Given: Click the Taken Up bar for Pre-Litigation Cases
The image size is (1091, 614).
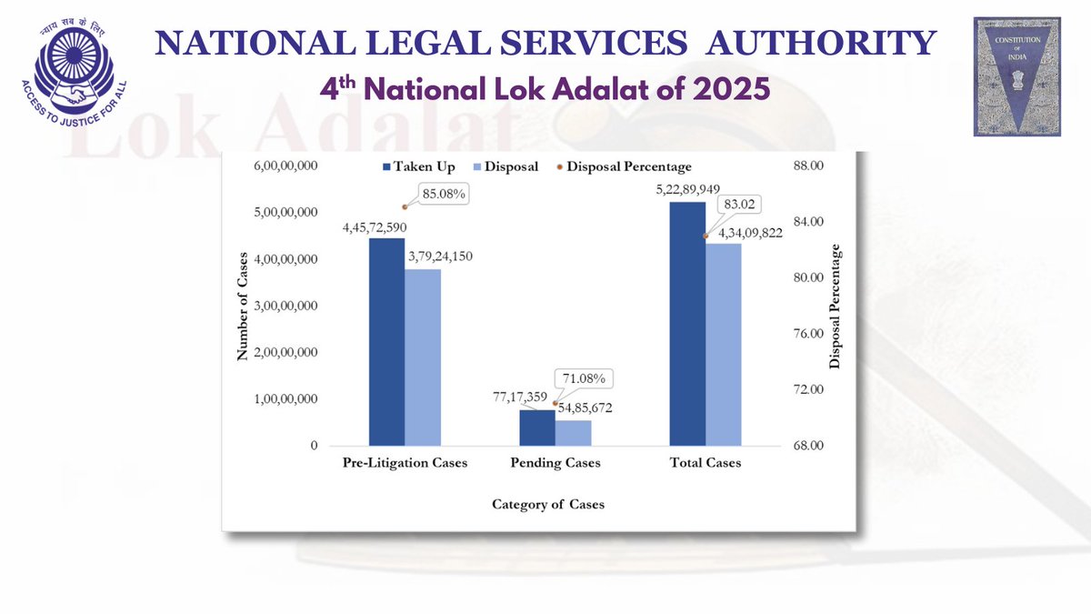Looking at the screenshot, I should [x=386, y=342].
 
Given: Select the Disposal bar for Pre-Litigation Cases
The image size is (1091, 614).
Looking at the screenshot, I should [x=423, y=357].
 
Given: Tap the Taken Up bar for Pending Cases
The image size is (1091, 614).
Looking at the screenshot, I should [x=536, y=428].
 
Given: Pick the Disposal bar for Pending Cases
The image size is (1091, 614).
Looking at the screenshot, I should [x=573, y=433].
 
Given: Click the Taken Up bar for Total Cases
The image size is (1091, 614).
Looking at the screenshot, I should [x=687, y=324].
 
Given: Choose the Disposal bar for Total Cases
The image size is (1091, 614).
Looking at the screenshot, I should [x=724, y=345].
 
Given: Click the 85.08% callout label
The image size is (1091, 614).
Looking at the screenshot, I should [x=443, y=193].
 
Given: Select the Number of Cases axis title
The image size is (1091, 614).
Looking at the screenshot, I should [x=243, y=307].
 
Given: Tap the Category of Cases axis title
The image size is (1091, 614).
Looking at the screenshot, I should [x=548, y=504].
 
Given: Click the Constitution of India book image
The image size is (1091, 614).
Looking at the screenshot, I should [x=1017, y=76].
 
